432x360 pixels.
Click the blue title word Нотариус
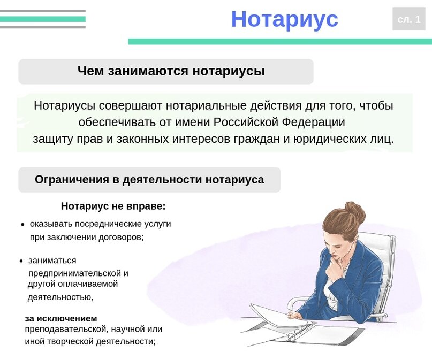coord(285,20)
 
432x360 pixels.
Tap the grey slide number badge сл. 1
coord(409,19)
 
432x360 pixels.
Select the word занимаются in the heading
coord(148,71)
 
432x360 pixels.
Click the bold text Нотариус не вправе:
coord(113,206)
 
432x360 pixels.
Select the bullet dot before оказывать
coord(23,225)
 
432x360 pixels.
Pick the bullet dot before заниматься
coord(21,261)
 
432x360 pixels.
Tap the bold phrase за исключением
coord(61,318)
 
